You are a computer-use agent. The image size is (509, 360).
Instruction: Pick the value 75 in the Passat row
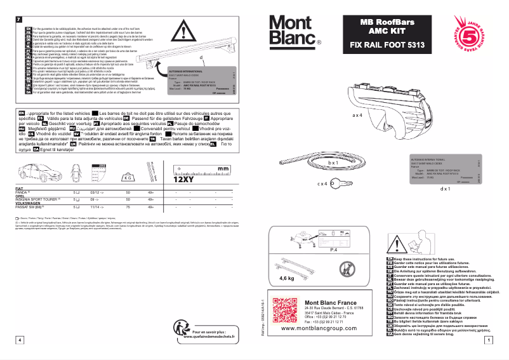coord(128,207)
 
